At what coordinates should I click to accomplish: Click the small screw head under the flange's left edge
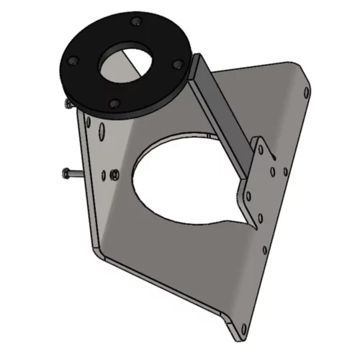66,106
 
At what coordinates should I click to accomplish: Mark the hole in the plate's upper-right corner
308,93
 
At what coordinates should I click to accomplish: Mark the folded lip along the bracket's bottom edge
166,295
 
